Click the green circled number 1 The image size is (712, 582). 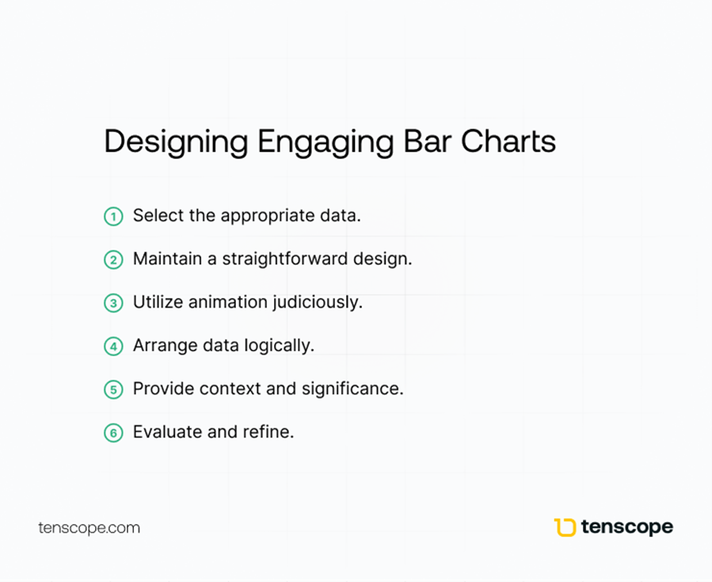tap(113, 216)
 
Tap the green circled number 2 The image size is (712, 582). tap(113, 259)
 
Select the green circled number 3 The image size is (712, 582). tap(113, 303)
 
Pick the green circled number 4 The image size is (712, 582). tap(113, 347)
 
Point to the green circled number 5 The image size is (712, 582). tap(113, 389)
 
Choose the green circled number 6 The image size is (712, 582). tap(113, 433)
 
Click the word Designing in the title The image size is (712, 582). tap(176, 143)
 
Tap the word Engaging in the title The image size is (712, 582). tap(326, 143)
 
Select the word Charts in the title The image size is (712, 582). tap(508, 141)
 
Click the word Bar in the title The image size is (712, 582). tap(427, 141)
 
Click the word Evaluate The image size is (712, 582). tap(168, 432)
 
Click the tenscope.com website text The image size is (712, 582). tap(89, 528)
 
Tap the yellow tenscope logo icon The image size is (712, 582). tap(565, 527)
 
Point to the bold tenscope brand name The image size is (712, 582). tap(627, 527)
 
